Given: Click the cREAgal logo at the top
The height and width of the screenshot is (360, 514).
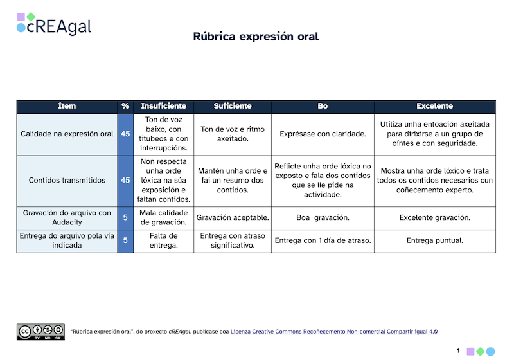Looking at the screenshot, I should [x=54, y=24].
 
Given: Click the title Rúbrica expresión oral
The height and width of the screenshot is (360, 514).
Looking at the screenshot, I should [x=256, y=37].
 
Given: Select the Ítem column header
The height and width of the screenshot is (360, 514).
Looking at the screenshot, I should [x=67, y=106].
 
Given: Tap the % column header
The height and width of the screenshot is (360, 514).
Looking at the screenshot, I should [x=125, y=106].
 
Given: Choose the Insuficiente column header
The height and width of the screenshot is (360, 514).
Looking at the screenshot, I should [x=163, y=106].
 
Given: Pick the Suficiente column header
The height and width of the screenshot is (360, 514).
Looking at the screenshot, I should [x=232, y=106].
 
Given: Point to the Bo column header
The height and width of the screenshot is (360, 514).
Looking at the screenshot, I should [x=323, y=106].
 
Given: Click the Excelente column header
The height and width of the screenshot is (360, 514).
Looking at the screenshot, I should [x=434, y=106].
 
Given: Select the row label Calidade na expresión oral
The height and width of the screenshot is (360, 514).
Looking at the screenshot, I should [x=67, y=134].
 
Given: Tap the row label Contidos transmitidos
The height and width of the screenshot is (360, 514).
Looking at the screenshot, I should [x=67, y=181].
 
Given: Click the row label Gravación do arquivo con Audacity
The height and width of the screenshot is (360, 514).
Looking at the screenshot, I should [x=67, y=218].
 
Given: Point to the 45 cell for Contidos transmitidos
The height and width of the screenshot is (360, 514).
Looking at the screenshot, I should [x=125, y=181].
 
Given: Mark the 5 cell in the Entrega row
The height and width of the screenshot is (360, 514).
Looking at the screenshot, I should [x=125, y=241].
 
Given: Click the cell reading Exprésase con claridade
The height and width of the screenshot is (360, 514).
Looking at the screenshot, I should [x=323, y=134].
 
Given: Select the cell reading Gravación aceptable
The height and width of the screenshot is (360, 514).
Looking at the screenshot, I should [x=232, y=218].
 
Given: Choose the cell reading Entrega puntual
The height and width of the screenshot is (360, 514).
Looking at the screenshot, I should [x=434, y=241].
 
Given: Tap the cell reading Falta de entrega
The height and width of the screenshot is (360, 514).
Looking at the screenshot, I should [x=163, y=241].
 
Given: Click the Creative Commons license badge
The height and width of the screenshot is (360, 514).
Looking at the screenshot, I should [x=40, y=332].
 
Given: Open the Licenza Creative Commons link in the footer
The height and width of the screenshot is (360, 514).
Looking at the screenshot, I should [x=333, y=332].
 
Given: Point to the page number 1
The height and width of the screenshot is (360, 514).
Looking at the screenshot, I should [x=458, y=350].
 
